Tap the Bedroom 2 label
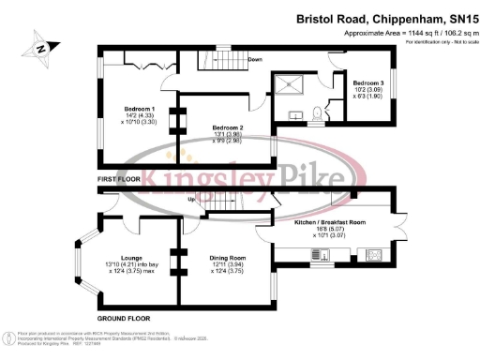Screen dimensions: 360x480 228,127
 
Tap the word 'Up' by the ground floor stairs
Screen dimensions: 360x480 192,200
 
